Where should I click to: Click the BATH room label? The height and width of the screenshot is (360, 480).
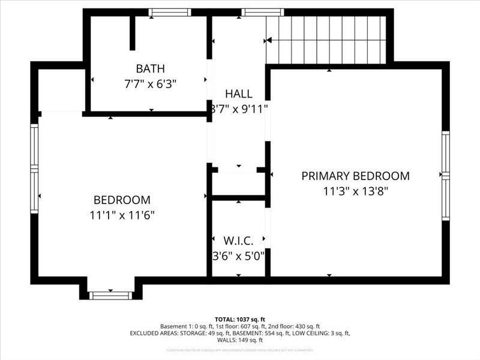150,68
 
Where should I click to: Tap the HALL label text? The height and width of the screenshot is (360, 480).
239,94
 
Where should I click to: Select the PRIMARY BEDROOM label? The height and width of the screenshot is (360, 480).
355,176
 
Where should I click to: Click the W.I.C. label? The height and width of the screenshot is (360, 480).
239,241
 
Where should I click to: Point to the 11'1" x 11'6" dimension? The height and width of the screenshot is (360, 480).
122,215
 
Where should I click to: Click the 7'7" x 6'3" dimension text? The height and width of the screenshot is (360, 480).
150,84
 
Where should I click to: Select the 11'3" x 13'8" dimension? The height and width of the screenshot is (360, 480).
355,191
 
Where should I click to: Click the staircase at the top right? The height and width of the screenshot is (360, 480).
327,39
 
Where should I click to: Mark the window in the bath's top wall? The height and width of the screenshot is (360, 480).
170,12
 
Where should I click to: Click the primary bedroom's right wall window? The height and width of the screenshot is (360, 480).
445,175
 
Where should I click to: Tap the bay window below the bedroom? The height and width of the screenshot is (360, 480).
110,295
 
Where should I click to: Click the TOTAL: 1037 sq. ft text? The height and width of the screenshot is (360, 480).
240,319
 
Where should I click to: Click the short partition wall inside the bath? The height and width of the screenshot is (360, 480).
132,33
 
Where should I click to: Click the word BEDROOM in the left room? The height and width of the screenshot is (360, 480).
122,200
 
